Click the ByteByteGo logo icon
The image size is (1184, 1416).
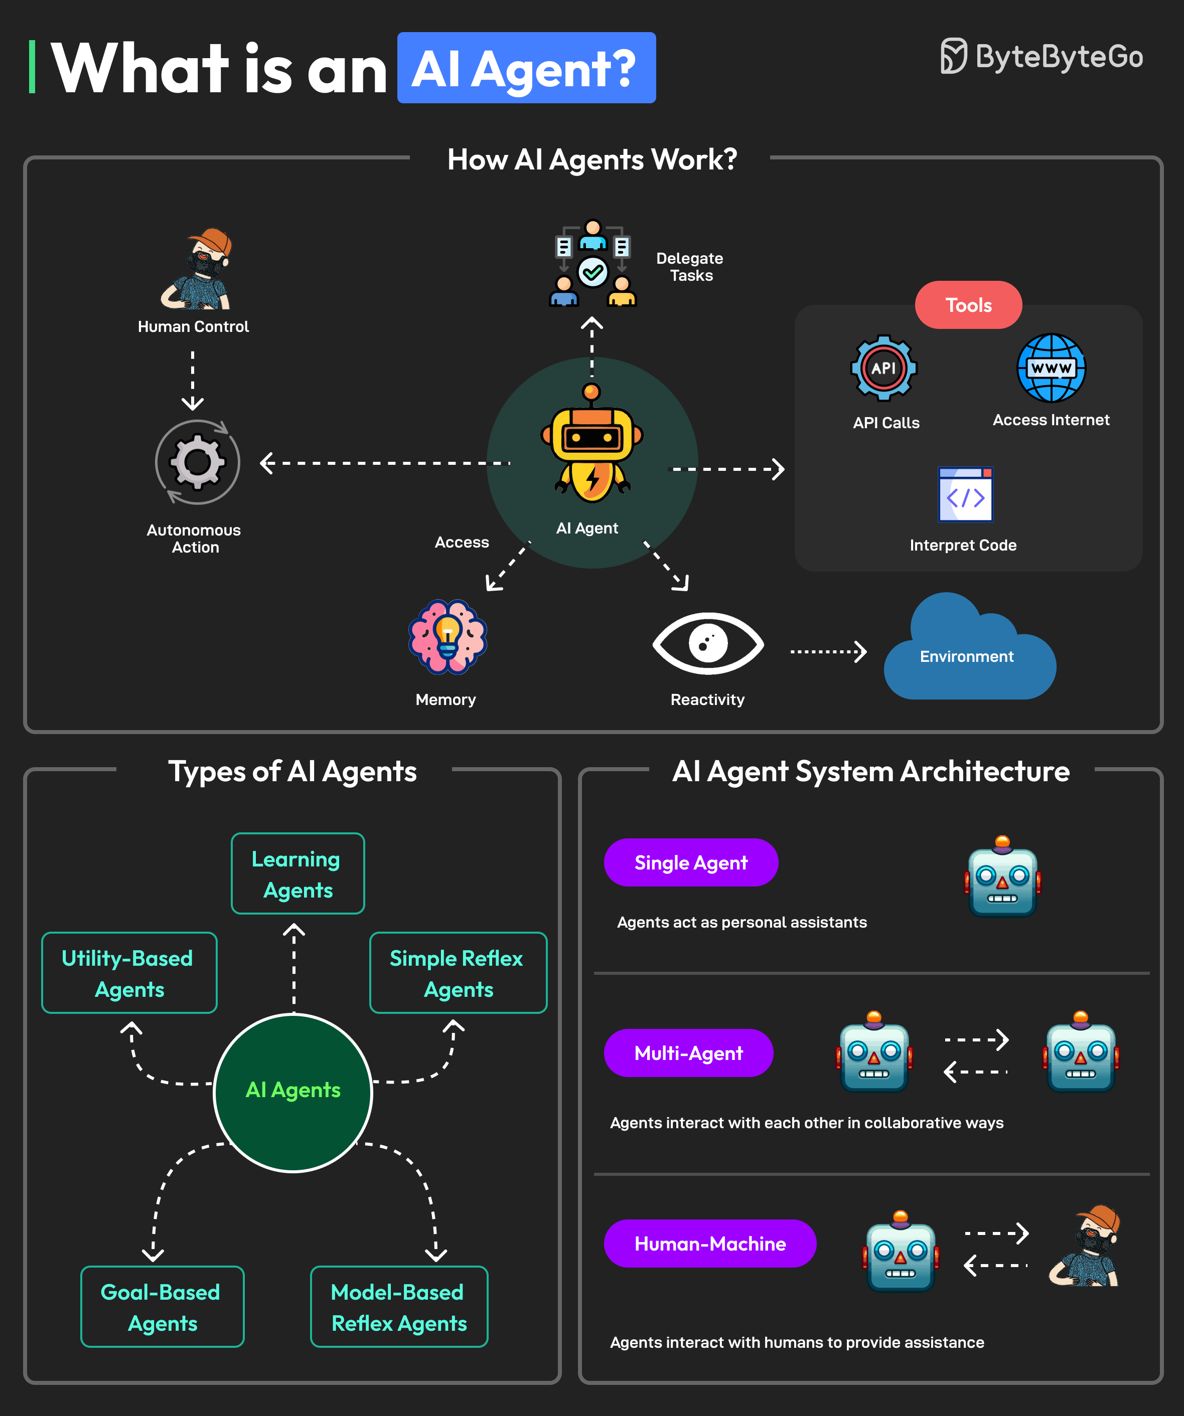tap(953, 56)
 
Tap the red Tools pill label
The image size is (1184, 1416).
tap(968, 305)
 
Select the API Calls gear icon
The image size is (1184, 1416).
tap(883, 368)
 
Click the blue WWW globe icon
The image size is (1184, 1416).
tap(1051, 368)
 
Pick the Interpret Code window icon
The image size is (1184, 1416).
tap(965, 494)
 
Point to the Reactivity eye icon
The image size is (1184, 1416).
tap(708, 643)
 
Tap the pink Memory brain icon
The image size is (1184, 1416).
tap(448, 636)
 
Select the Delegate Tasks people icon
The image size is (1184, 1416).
tap(593, 264)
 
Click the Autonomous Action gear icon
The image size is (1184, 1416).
tap(197, 463)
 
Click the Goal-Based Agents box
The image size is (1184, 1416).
tap(162, 1306)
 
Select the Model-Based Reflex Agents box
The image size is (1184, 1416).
tap(399, 1306)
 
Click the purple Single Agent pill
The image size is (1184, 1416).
tap(691, 862)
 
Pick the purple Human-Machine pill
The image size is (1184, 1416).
tap(710, 1244)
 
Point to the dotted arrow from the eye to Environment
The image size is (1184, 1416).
tap(828, 651)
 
